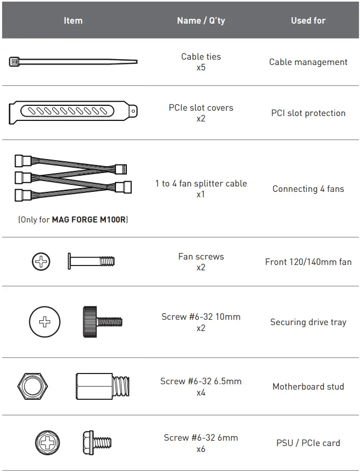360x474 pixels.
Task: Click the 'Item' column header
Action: point(73,20)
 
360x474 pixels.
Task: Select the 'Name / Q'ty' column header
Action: point(201,20)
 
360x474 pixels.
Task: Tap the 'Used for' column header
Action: point(308,20)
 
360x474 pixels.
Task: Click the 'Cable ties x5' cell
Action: point(201,62)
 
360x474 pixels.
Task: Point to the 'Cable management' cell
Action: point(308,62)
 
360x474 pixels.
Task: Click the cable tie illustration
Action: point(73,62)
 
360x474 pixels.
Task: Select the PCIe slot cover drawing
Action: point(73,112)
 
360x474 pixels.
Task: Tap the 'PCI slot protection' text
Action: point(308,113)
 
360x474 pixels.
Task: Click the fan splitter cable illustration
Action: point(73,177)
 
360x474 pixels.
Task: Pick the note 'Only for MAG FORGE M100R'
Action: point(73,220)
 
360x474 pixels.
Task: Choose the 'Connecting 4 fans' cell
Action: point(308,189)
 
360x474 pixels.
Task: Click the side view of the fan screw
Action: point(91,262)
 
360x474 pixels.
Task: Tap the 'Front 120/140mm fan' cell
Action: point(308,262)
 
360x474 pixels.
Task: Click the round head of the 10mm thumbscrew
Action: point(45,322)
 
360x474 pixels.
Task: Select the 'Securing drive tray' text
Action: point(308,322)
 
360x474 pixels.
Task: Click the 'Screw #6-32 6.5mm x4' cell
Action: point(201,386)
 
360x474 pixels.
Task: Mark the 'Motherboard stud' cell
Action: point(308,386)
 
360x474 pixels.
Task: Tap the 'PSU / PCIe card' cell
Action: point(308,443)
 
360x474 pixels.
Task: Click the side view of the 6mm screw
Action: point(97,443)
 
